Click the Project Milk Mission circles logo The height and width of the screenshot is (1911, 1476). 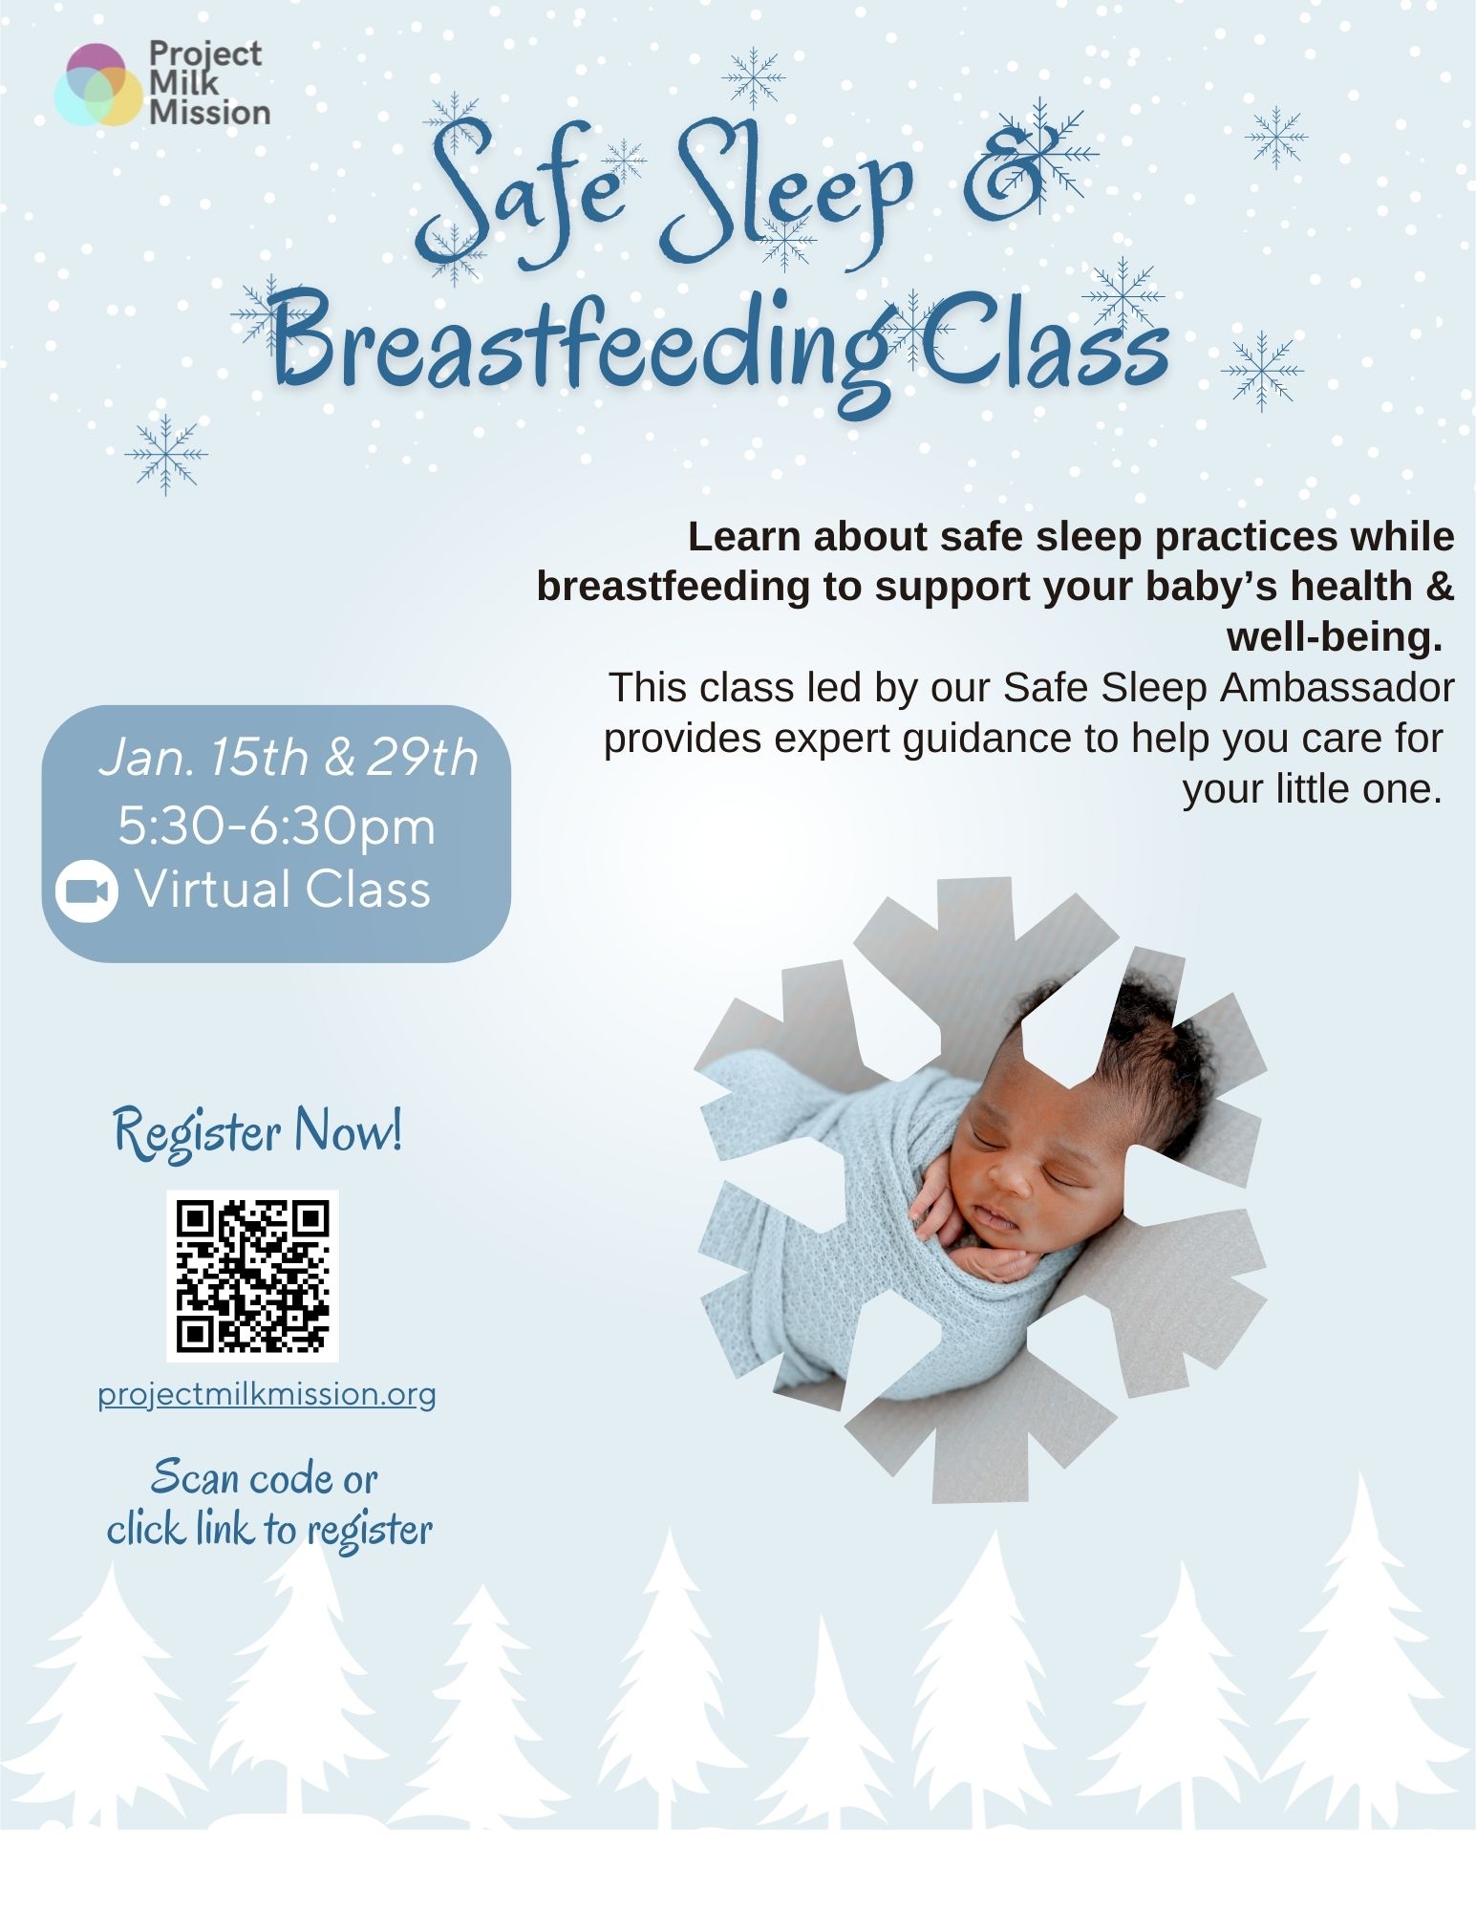[98, 85]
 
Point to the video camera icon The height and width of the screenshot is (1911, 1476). [87, 891]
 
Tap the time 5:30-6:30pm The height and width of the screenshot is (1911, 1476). [276, 826]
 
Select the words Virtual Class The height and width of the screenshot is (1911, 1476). [283, 890]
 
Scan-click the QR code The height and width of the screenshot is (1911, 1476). [252, 1276]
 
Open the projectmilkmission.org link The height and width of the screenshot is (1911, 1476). [267, 1394]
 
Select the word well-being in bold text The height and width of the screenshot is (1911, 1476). [1334, 636]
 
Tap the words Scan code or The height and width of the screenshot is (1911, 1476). [265, 1478]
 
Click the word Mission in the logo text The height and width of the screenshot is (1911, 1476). [210, 113]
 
